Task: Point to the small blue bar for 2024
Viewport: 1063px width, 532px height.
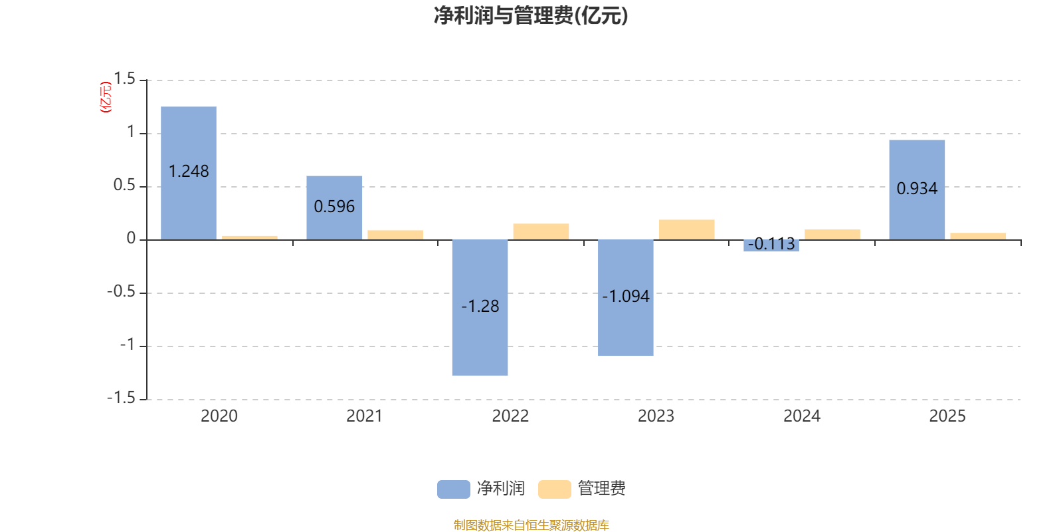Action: pyautogui.click(x=771, y=246)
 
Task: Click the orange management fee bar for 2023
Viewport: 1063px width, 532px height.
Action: pyautogui.click(x=686, y=229)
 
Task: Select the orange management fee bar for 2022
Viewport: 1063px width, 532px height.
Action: pyautogui.click(x=541, y=231)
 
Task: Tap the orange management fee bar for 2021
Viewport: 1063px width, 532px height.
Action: pyautogui.click(x=395, y=235)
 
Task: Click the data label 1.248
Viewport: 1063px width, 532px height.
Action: pyautogui.click(x=189, y=172)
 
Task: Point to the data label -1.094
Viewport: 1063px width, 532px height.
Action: pyautogui.click(x=626, y=297)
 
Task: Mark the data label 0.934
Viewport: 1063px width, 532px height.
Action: pyautogui.click(x=917, y=189)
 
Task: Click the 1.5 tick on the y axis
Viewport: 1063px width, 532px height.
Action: pyautogui.click(x=124, y=79)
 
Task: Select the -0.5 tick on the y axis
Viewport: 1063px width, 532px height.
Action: pyautogui.click(x=121, y=292)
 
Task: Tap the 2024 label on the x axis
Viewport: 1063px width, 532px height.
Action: pyautogui.click(x=801, y=416)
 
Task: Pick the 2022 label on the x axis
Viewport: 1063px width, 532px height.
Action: pyautogui.click(x=510, y=416)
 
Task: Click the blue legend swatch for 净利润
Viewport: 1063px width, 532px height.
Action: pyautogui.click(x=453, y=489)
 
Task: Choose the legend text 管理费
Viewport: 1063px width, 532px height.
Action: pyautogui.click(x=601, y=489)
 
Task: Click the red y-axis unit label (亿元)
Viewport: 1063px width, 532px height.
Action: pyautogui.click(x=106, y=97)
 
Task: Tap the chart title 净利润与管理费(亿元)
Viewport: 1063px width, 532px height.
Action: pyautogui.click(x=531, y=15)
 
